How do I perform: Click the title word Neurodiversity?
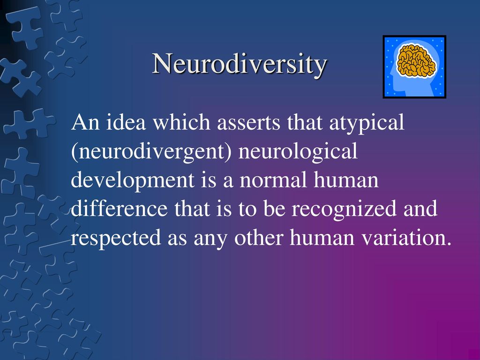[240, 64]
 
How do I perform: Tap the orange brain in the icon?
[416, 60]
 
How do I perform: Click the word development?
[133, 180]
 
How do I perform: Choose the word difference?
[120, 208]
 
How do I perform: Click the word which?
[181, 122]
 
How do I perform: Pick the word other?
[258, 238]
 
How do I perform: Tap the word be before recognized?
[274, 208]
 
